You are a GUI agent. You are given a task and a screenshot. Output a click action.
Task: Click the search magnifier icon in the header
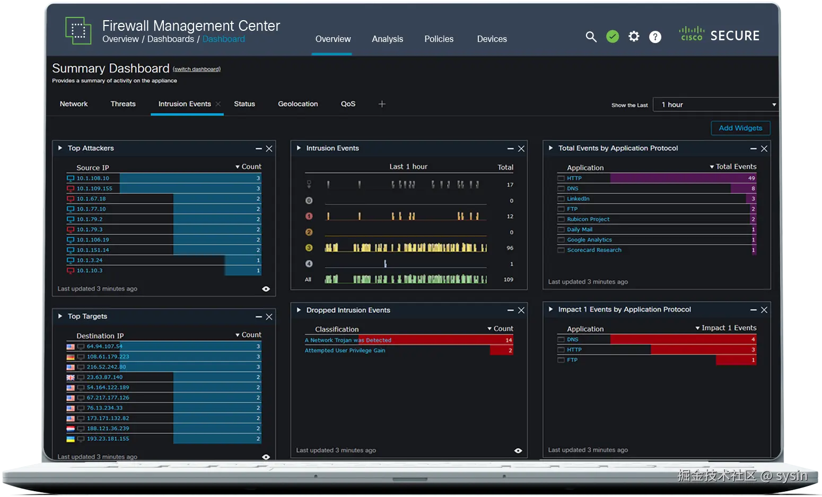pyautogui.click(x=591, y=37)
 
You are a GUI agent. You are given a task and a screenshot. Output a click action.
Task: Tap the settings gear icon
pyautogui.click(x=634, y=37)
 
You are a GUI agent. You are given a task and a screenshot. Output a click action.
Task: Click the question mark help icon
pyautogui.click(x=655, y=37)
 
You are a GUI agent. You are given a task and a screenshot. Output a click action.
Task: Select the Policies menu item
pyautogui.click(x=439, y=39)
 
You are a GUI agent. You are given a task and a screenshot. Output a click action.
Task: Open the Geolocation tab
pyautogui.click(x=298, y=104)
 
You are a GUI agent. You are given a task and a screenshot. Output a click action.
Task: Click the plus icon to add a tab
pyautogui.click(x=382, y=104)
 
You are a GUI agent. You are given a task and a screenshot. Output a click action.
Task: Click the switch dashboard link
pyautogui.click(x=197, y=69)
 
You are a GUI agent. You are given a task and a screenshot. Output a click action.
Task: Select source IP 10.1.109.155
pyautogui.click(x=94, y=188)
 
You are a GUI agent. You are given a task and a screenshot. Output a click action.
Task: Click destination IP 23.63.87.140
pyautogui.click(x=104, y=377)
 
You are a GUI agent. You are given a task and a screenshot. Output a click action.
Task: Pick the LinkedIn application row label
pyautogui.click(x=578, y=199)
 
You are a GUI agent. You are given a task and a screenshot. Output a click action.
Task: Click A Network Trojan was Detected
pyautogui.click(x=348, y=340)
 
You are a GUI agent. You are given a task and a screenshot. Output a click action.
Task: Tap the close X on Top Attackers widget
pyautogui.click(x=269, y=149)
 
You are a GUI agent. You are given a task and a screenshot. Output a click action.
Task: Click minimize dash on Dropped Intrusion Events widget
pyautogui.click(x=510, y=310)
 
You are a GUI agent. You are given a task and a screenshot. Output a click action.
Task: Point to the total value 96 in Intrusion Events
pyautogui.click(x=510, y=248)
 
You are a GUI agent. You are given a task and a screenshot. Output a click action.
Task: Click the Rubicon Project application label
pyautogui.click(x=588, y=219)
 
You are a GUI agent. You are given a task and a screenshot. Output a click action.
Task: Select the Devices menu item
pyautogui.click(x=492, y=39)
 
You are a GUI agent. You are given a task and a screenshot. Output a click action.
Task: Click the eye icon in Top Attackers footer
pyautogui.click(x=266, y=289)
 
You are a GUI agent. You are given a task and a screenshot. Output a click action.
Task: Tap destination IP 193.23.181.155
pyautogui.click(x=108, y=439)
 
